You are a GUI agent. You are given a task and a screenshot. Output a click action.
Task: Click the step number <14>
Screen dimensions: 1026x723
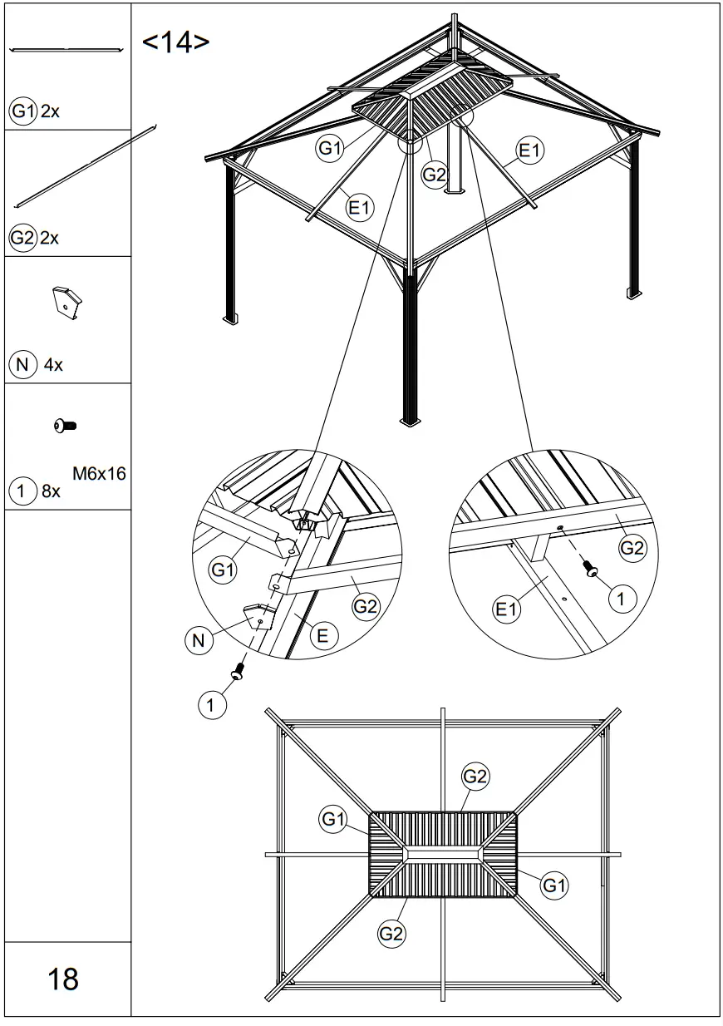click(x=175, y=42)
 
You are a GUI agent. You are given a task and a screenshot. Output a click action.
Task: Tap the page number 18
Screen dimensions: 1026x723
click(x=63, y=979)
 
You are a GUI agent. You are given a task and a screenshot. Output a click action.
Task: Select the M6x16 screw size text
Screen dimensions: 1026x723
click(x=99, y=475)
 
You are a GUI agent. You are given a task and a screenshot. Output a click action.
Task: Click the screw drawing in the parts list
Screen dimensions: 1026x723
click(x=65, y=426)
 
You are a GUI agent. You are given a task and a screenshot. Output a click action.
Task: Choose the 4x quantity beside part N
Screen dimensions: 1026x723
click(x=52, y=364)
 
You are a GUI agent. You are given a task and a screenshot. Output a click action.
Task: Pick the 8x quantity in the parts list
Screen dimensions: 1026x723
click(x=51, y=491)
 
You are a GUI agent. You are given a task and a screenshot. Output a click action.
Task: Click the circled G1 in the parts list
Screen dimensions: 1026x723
click(x=22, y=111)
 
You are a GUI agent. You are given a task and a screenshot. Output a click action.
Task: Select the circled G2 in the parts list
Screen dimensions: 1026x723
click(x=22, y=238)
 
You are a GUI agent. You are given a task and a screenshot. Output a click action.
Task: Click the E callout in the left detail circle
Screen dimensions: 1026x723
click(x=322, y=636)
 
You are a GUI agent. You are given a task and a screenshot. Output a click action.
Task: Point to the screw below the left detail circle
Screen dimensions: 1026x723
click(x=239, y=670)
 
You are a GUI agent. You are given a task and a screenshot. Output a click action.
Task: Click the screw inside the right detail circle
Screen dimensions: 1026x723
click(x=591, y=569)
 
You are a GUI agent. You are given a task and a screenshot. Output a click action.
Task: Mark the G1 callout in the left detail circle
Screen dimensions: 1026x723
click(x=222, y=570)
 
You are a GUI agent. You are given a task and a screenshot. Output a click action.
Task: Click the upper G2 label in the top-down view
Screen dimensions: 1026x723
click(x=475, y=777)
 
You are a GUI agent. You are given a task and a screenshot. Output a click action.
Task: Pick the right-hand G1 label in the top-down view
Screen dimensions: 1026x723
click(x=554, y=885)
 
